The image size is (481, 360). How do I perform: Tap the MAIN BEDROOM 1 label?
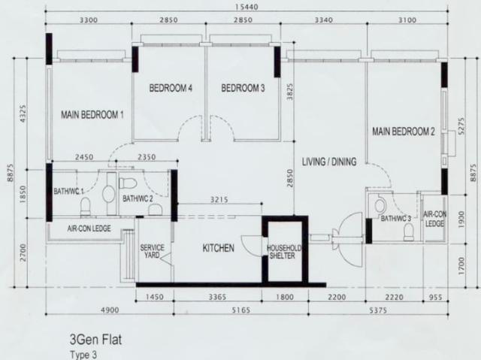[x=92, y=114]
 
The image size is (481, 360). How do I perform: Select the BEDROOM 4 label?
[x=171, y=89]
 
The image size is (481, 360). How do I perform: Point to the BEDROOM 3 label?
[x=243, y=89]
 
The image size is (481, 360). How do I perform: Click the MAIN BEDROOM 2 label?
[x=404, y=132]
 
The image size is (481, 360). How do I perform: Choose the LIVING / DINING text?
[x=328, y=162]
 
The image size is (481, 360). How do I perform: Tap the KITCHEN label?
[x=218, y=248]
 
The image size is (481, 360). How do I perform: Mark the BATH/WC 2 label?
[x=138, y=199]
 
